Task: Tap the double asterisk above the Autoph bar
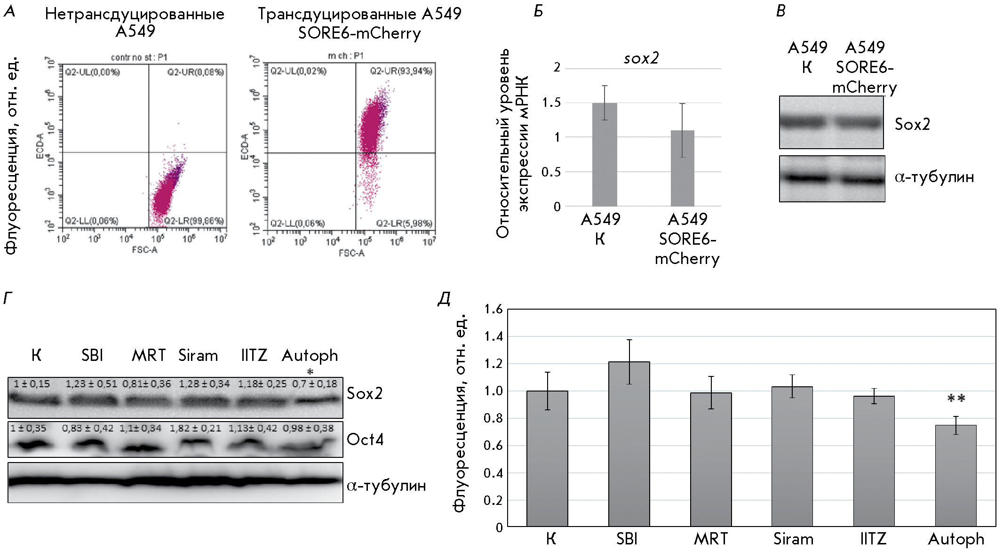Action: tap(956, 399)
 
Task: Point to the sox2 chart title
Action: tap(641, 58)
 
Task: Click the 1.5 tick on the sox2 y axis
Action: tap(551, 103)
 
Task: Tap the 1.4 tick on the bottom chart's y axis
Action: tap(494, 336)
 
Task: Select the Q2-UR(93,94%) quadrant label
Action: tap(401, 71)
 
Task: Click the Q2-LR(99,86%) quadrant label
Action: tap(194, 221)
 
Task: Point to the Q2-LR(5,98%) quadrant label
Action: tap(404, 223)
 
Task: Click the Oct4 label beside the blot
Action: tap(365, 439)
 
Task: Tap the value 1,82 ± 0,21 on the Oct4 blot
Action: tap(195, 428)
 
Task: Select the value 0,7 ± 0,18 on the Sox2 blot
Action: tap(315, 384)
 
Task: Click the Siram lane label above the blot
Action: tap(198, 355)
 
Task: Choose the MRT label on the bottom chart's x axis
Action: tap(711, 539)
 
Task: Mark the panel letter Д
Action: tap(444, 298)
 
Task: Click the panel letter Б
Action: tap(538, 11)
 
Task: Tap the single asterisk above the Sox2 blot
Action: tap(310, 372)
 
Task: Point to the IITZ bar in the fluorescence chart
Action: tap(874, 461)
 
